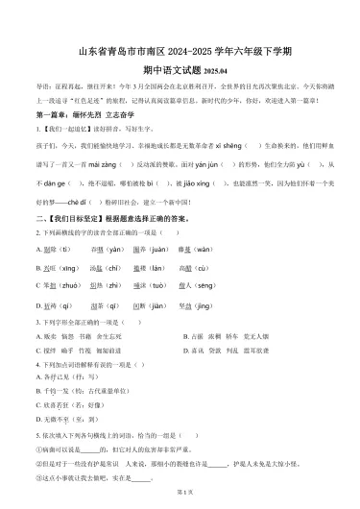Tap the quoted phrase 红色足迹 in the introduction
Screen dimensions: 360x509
tap(99, 101)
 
